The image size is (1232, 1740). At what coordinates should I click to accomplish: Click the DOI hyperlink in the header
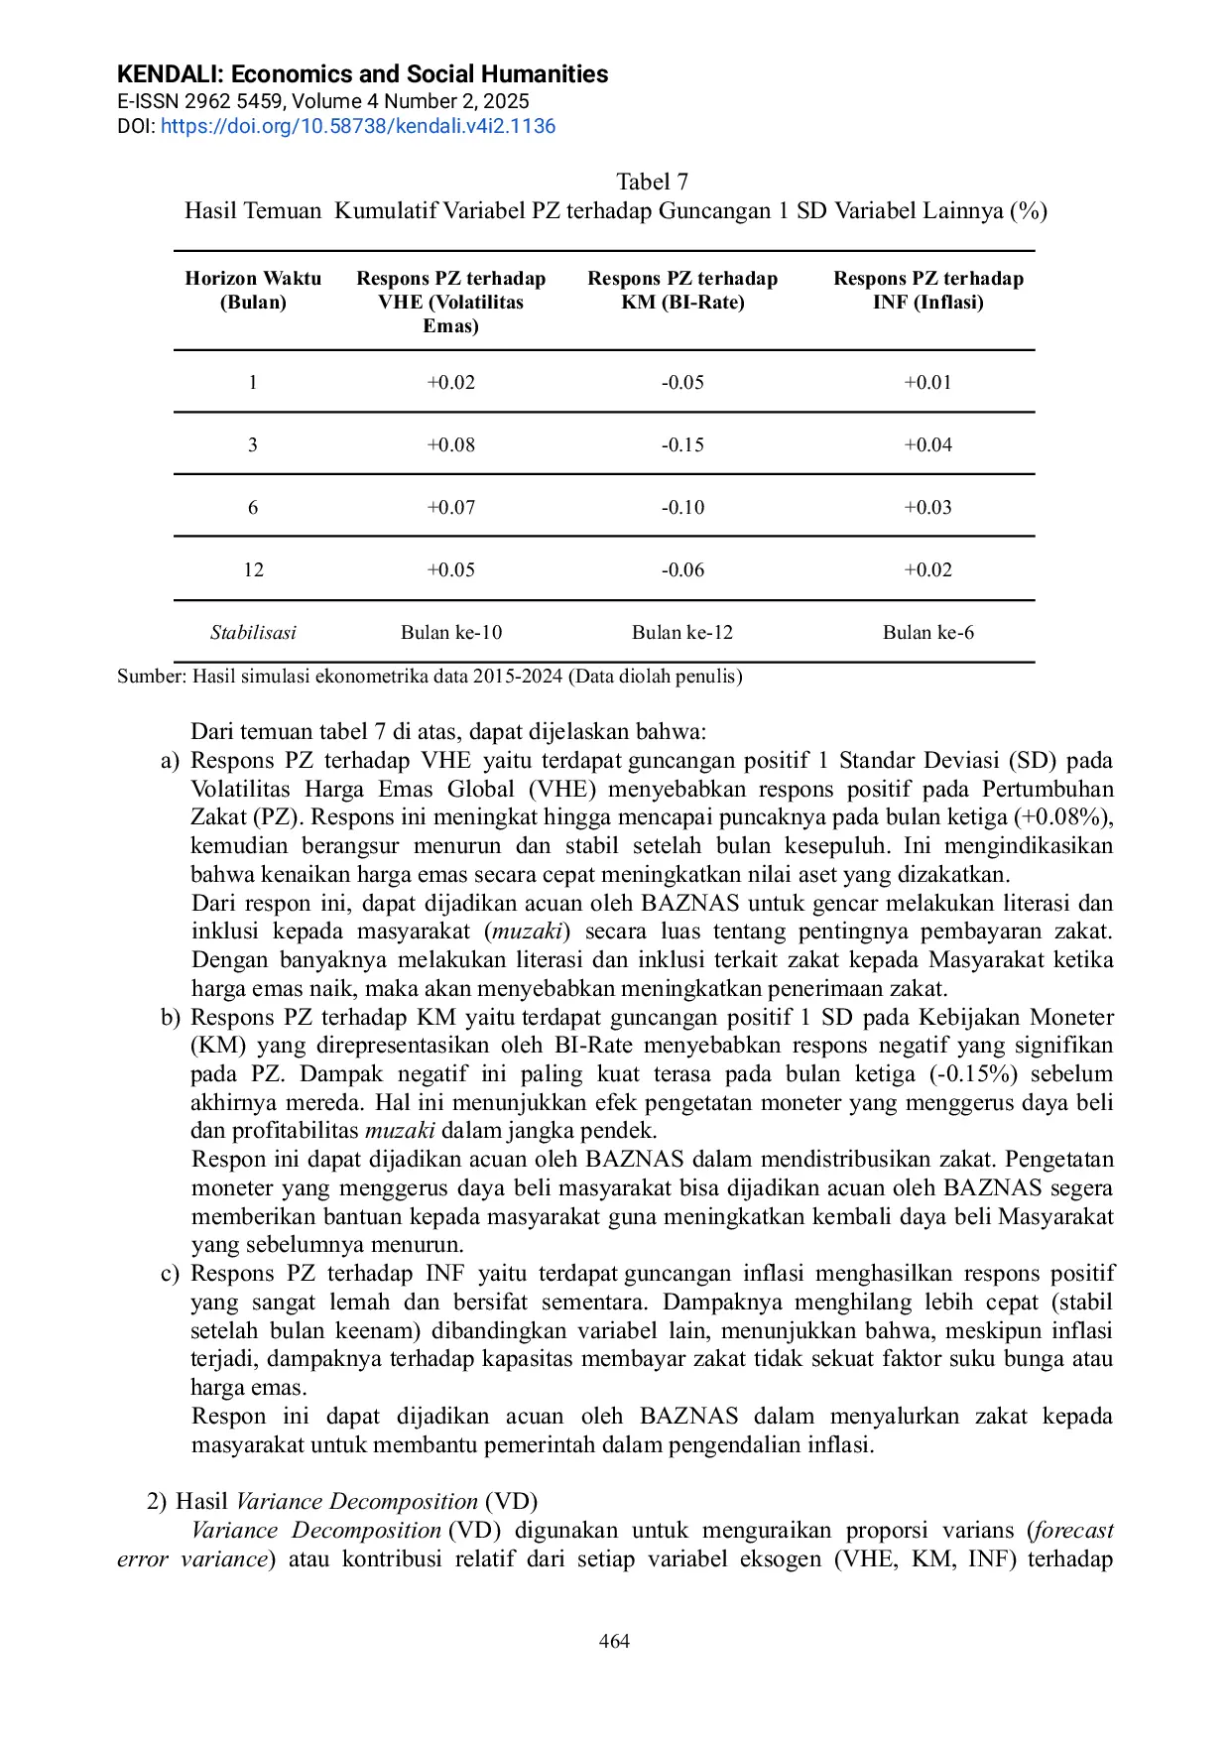pos(358,126)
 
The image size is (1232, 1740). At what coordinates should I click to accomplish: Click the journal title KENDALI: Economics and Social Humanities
pos(362,74)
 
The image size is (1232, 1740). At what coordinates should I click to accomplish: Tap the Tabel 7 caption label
pos(652,182)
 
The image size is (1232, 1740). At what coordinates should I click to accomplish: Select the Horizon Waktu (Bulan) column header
pos(253,291)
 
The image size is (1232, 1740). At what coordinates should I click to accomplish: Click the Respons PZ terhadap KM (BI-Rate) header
pos(682,291)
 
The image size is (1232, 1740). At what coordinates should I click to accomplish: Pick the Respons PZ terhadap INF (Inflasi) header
pos(927,291)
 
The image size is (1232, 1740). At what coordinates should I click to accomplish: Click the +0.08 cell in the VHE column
pos(450,445)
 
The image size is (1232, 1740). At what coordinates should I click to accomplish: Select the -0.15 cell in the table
pos(682,445)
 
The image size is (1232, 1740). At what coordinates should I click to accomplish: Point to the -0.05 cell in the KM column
pos(682,383)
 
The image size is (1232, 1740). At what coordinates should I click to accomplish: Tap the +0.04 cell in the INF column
pos(927,445)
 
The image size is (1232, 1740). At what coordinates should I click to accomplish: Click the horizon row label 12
pos(253,570)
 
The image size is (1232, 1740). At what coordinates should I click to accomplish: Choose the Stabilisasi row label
pos(253,633)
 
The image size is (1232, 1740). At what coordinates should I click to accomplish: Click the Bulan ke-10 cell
pos(450,633)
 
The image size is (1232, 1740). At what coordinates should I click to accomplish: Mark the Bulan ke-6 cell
pos(927,633)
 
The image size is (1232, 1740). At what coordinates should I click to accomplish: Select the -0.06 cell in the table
pos(682,570)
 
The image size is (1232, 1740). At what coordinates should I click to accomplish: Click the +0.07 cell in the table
pos(450,508)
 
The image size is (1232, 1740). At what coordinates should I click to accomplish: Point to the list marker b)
pos(171,1018)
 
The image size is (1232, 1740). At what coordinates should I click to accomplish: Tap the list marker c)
pos(171,1274)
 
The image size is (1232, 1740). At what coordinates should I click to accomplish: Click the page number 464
pos(614,1642)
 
